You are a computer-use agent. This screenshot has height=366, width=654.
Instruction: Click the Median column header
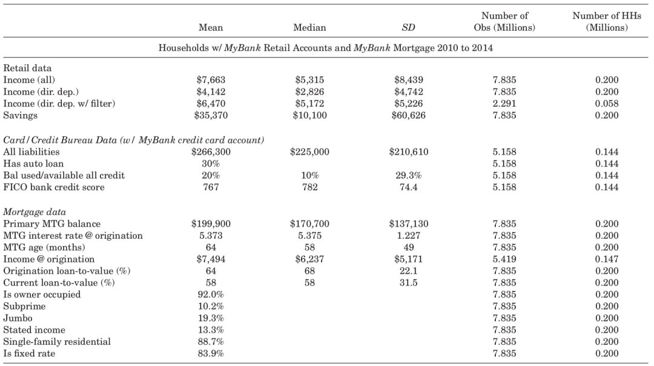click(309, 27)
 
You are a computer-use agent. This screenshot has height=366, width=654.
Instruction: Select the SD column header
click(408, 27)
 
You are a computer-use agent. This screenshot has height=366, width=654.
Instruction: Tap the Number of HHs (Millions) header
click(607, 22)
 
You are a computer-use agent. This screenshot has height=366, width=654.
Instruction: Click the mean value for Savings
click(211, 115)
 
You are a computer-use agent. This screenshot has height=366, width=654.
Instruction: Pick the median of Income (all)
click(309, 80)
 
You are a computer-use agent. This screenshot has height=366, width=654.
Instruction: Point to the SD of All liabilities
click(409, 152)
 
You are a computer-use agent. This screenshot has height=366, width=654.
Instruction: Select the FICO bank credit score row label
click(54, 187)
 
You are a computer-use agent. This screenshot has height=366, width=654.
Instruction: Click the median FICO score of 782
click(309, 187)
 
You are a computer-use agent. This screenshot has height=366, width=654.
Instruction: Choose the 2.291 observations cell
click(504, 104)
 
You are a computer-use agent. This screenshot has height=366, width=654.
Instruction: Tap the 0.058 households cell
click(607, 104)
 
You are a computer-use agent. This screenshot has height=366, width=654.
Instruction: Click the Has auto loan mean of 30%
click(211, 164)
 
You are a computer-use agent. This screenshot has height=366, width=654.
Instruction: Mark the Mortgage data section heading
click(35, 211)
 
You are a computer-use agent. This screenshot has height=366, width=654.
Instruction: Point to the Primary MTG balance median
click(309, 224)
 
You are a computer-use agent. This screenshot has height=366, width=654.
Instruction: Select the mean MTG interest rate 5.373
click(211, 235)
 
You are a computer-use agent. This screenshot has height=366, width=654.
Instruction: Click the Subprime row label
click(24, 307)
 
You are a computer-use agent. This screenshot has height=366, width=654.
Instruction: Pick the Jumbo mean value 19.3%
click(211, 318)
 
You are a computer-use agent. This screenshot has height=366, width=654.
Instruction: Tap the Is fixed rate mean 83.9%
click(211, 353)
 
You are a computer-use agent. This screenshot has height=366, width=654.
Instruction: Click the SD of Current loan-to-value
click(408, 282)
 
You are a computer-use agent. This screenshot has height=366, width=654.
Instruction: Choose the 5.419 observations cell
click(504, 259)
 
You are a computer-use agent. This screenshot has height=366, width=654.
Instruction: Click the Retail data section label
click(27, 68)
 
